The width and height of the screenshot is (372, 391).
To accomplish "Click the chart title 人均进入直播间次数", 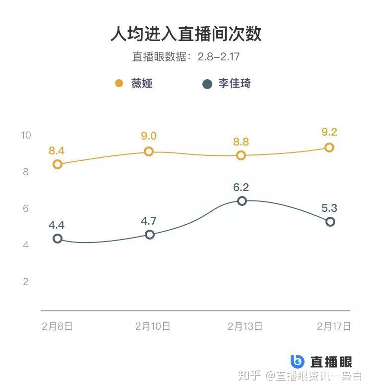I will tap(186, 34).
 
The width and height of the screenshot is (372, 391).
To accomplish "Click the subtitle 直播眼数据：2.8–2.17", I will tap(186, 56).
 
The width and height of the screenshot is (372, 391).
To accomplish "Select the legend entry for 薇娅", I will tap(134, 83).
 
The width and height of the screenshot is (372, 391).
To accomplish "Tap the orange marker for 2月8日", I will tap(58, 164).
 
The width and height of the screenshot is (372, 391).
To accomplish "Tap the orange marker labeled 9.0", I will tap(149, 151).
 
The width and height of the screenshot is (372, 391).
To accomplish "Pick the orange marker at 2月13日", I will tap(241, 155).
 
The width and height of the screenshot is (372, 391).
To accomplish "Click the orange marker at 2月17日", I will tap(329, 147).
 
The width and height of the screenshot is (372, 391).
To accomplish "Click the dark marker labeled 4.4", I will tap(58, 239).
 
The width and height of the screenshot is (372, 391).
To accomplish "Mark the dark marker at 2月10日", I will tap(149, 235).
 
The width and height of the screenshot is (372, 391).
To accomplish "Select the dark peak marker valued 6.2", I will tap(242, 201).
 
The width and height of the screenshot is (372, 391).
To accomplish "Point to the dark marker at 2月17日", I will tap(330, 222).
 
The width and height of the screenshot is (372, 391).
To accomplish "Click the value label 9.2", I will tap(329, 132).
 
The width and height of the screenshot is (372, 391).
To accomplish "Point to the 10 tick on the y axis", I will tap(26, 136).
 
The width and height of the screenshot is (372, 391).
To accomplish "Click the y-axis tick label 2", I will tap(26, 282).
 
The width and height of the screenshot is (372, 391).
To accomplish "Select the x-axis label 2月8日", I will tap(58, 326).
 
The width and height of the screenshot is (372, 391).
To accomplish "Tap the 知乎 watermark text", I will tap(249, 376).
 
